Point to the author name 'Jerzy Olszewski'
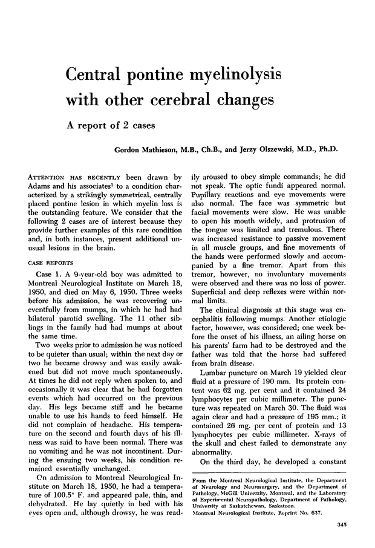(270, 149)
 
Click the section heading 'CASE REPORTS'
(46, 246)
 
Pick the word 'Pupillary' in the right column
(209, 197)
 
